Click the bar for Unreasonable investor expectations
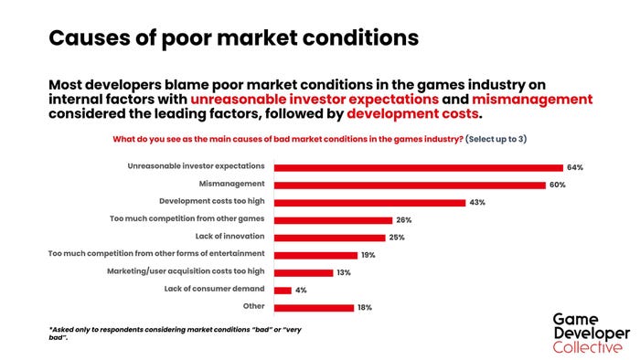tap(419, 167)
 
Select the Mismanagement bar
tap(411, 185)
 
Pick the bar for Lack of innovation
tap(330, 237)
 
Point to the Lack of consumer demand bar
tap(283, 290)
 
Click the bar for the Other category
tap(314, 307)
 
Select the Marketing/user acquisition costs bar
tap(304, 272)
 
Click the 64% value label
tap(574, 167)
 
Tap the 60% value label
tap(558, 185)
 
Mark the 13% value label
tap(343, 272)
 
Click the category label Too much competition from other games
tap(187, 219)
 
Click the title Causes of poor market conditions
tap(233, 37)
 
